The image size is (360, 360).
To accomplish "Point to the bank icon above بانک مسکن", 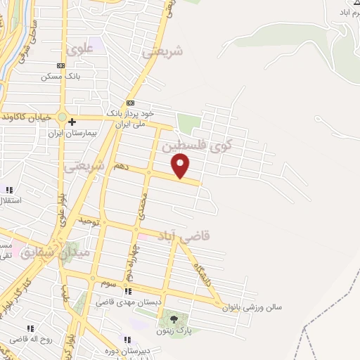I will [x=61, y=65].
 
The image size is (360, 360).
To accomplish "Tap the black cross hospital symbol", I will [x=72, y=122].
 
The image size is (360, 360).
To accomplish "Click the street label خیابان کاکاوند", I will [x=27, y=117].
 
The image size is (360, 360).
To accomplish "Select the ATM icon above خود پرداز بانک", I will [x=130, y=103].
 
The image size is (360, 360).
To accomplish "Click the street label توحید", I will [x=86, y=221].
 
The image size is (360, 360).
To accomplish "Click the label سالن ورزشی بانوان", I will [x=251, y=307].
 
